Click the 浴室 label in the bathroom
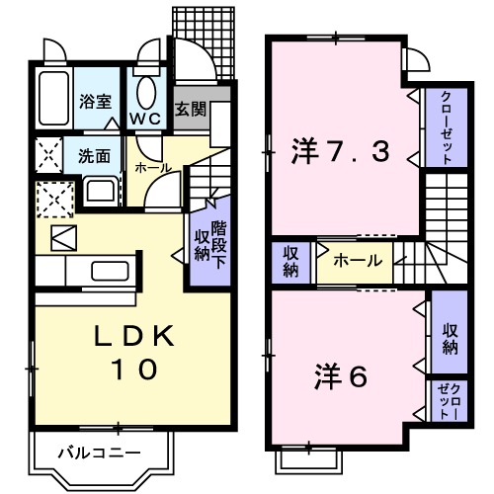[x=95, y=101]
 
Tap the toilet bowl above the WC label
[x=147, y=91]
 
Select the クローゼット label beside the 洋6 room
[x=450, y=401]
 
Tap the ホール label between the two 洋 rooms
[x=353, y=262]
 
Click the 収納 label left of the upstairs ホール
[x=291, y=262]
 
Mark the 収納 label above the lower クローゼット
[x=450, y=339]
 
